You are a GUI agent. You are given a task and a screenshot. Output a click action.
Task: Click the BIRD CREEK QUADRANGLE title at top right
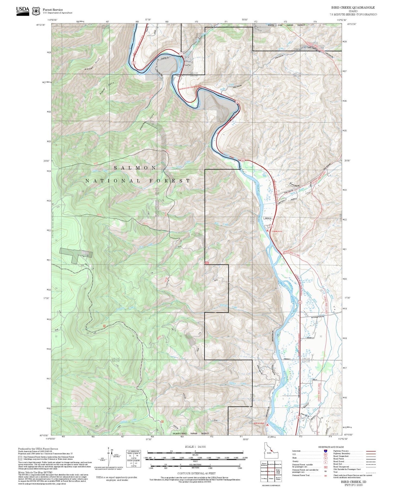[353, 8]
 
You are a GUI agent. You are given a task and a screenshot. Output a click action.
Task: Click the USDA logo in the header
[23, 11]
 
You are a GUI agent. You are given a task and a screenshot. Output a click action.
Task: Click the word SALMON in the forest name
[135, 168]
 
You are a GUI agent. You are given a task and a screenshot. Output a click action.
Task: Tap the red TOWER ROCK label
[277, 231]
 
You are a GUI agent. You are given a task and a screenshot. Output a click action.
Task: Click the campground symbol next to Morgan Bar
[268, 424]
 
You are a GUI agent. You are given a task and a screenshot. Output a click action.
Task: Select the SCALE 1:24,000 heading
[195, 447]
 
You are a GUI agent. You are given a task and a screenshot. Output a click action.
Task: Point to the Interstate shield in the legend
[326, 451]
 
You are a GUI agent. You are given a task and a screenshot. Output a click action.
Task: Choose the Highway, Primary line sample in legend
[371, 451]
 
